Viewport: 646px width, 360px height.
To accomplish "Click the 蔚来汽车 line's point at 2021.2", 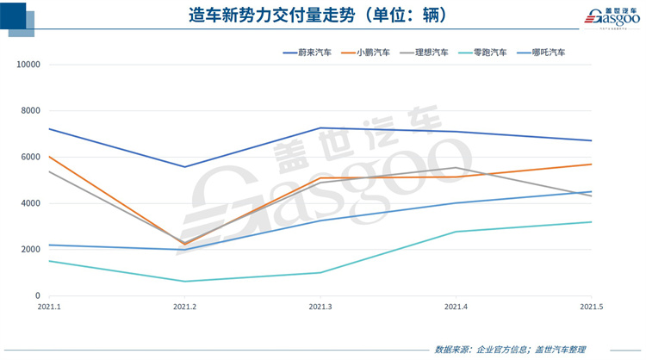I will [x=184, y=167].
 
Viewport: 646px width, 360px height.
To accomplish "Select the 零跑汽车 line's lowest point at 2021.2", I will [x=184, y=282].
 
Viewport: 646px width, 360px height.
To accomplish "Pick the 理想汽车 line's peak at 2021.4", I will [x=456, y=168].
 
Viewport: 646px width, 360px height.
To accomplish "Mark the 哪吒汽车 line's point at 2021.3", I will [x=320, y=220].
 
